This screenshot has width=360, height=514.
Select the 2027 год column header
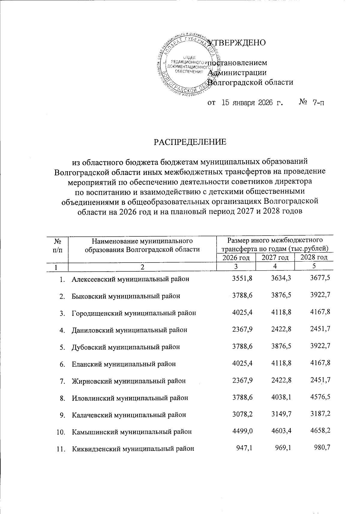point(275,258)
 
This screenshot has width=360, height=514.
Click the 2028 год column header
point(314,258)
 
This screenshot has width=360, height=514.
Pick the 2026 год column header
point(236,258)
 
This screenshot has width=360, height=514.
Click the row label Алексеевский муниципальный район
point(130,279)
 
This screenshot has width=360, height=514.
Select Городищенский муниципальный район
point(134,313)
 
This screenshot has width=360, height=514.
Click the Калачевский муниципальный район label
point(129,415)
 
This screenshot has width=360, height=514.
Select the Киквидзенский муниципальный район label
point(133,449)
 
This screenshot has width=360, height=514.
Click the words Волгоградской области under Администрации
point(250,82)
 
